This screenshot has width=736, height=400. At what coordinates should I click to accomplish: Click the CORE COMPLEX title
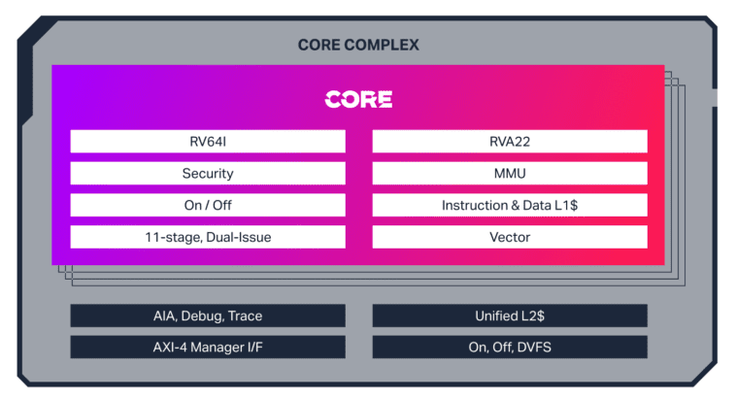358,46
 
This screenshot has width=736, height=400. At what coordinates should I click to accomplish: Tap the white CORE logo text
358,100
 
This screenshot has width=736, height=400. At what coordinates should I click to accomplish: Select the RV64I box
208,142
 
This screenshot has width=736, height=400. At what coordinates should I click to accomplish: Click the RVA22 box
510,142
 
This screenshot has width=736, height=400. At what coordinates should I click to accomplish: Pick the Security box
208,174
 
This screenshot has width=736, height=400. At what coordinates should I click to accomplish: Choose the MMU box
510,174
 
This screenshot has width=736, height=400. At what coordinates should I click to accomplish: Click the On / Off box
208,206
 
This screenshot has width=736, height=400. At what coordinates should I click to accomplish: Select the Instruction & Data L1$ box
510,206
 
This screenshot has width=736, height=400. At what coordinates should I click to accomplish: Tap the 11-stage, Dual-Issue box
208,237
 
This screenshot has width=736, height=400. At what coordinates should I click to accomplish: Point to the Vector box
510,237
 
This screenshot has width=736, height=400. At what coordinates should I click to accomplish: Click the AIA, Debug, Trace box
208,316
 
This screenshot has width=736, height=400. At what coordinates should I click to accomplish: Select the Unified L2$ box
510,316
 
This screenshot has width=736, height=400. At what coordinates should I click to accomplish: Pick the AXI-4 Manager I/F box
208,347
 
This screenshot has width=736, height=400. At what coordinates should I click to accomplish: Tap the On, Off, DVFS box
510,347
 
